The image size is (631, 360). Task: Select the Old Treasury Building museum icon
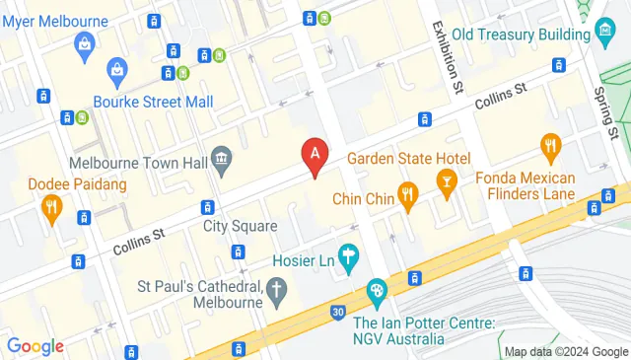coord(606,35)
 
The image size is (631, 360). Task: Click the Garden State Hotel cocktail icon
coord(447,182)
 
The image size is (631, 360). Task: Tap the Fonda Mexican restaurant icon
coord(550,148)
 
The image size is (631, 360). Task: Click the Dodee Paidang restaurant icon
coord(52,207)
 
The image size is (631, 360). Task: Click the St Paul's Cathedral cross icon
coord(277,288)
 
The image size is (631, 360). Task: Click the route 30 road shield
coord(338,313)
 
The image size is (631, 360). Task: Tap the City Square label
coord(234,226)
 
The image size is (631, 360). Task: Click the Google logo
coord(35,345)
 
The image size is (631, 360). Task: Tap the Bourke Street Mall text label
coord(153,101)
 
